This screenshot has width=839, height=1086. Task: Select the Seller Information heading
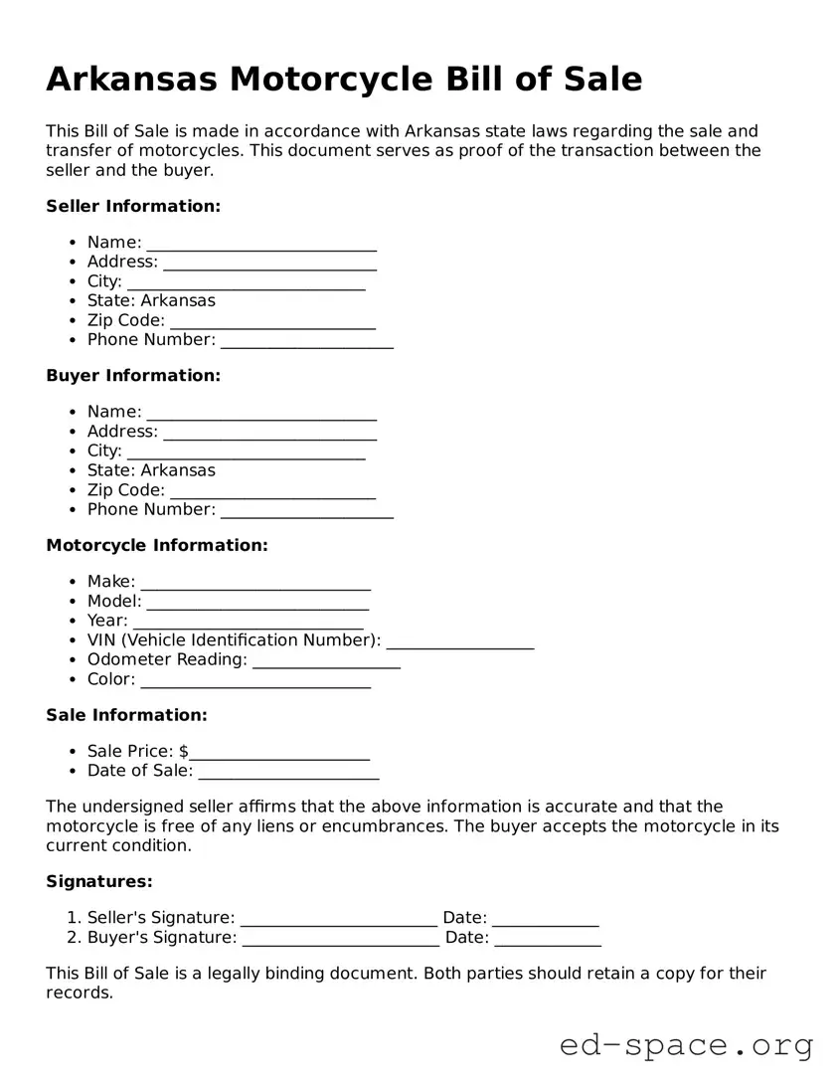pos(133,206)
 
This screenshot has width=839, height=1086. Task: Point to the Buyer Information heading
pos(133,376)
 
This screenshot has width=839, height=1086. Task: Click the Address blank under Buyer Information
pos(269,433)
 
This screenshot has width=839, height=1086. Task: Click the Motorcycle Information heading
pos(157,545)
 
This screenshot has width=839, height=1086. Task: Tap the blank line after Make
pos(255,583)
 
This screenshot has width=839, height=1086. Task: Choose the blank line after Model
pos(257,603)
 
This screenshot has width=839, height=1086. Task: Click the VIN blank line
pos(459,641)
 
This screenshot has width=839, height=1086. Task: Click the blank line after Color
pos(255,680)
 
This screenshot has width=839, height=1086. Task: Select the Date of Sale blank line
pos(288,773)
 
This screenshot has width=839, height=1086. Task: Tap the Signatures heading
pos(99,881)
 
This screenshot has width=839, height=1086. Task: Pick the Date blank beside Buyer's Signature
pos(547,939)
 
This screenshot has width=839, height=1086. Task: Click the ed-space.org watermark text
pos(686,1045)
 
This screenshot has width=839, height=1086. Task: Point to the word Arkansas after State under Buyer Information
pos(178,470)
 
